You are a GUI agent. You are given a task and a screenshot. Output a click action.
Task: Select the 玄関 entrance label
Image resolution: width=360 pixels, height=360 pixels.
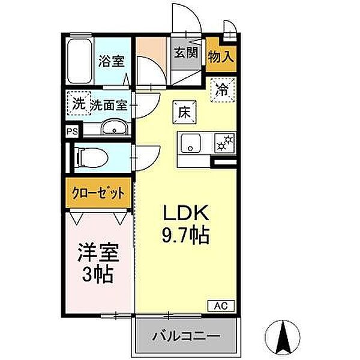coord(186,52)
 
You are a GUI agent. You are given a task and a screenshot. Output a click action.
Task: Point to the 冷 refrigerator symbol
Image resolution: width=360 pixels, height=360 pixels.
coord(222,91)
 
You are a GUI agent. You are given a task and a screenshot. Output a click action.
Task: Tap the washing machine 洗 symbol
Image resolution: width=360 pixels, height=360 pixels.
coord(79,103)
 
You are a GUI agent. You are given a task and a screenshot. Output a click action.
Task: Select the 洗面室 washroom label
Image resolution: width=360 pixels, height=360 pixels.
coord(109,105)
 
